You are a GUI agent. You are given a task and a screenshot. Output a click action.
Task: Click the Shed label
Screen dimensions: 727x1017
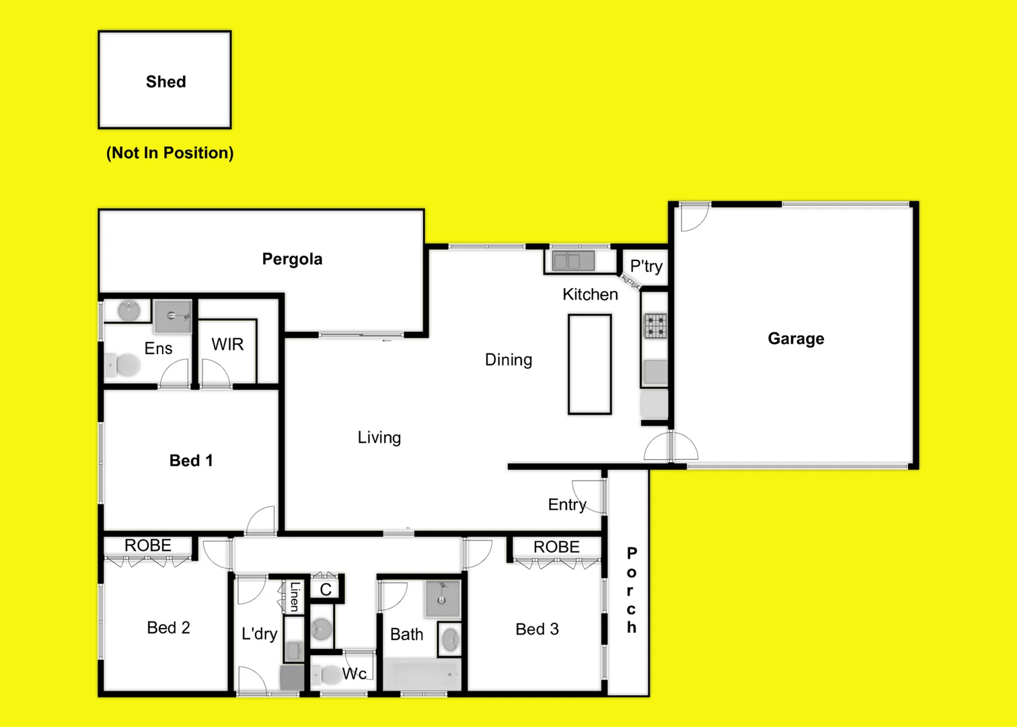tap(165, 81)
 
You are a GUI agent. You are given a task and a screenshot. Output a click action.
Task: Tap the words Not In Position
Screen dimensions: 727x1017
tap(170, 153)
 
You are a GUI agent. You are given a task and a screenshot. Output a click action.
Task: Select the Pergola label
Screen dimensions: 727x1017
tap(292, 259)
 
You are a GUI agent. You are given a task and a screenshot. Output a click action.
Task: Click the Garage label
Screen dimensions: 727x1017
tap(796, 339)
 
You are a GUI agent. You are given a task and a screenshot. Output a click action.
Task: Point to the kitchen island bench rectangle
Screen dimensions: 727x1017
tap(589, 364)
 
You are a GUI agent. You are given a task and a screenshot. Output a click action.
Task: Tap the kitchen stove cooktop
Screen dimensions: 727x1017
tap(655, 326)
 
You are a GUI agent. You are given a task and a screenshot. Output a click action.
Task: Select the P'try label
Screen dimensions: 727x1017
tap(646, 267)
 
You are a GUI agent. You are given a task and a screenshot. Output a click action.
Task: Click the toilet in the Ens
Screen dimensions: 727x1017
tap(123, 366)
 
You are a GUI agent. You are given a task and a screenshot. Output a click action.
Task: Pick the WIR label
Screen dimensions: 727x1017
tap(227, 345)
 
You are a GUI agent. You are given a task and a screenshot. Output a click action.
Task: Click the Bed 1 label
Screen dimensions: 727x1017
tap(191, 460)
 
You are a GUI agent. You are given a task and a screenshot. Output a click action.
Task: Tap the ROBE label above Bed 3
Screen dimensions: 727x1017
tap(556, 547)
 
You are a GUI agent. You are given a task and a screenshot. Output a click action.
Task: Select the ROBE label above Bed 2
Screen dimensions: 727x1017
tap(148, 545)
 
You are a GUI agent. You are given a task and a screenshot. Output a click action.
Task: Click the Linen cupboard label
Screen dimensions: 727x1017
tap(295, 596)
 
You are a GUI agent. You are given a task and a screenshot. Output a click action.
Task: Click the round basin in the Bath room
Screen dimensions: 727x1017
tap(450, 639)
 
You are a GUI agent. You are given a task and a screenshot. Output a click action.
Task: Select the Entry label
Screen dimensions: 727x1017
tap(567, 505)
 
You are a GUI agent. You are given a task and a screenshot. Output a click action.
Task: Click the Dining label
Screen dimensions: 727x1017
tap(509, 360)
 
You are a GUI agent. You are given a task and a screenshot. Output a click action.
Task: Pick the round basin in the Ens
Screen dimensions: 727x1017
tap(128, 311)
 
